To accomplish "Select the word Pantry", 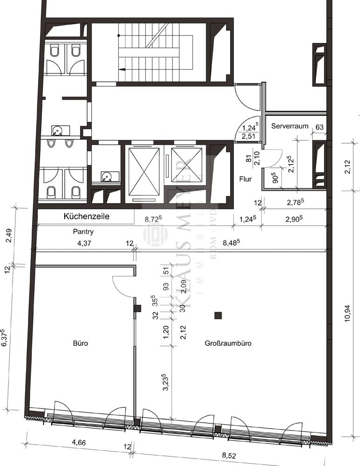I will tap(83, 231).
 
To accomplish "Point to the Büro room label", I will tap(80, 343).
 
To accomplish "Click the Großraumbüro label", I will tap(228, 343).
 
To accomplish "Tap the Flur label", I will tap(245, 178).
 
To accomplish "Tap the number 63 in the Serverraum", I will tap(320, 126).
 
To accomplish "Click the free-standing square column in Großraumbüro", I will tap(217, 316).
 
